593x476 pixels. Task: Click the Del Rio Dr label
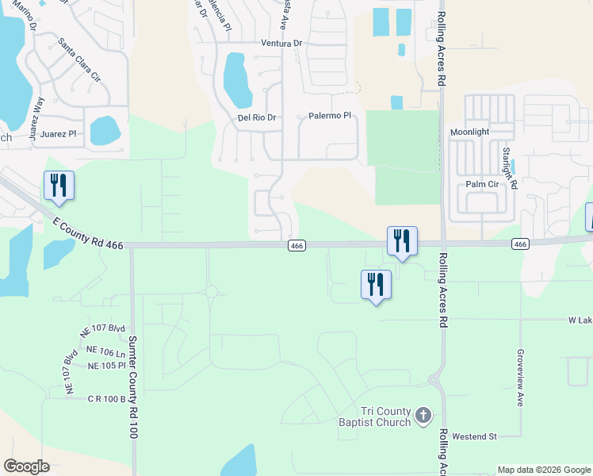(257, 117)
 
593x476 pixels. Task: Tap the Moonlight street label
(470, 132)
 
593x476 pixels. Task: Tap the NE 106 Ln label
(105, 351)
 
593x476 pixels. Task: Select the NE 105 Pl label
(107, 366)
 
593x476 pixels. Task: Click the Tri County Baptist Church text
(374, 416)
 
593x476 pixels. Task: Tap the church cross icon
(423, 415)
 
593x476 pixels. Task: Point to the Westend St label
(474, 436)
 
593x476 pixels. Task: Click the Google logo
(26, 466)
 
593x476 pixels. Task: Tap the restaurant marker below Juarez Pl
(59, 185)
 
